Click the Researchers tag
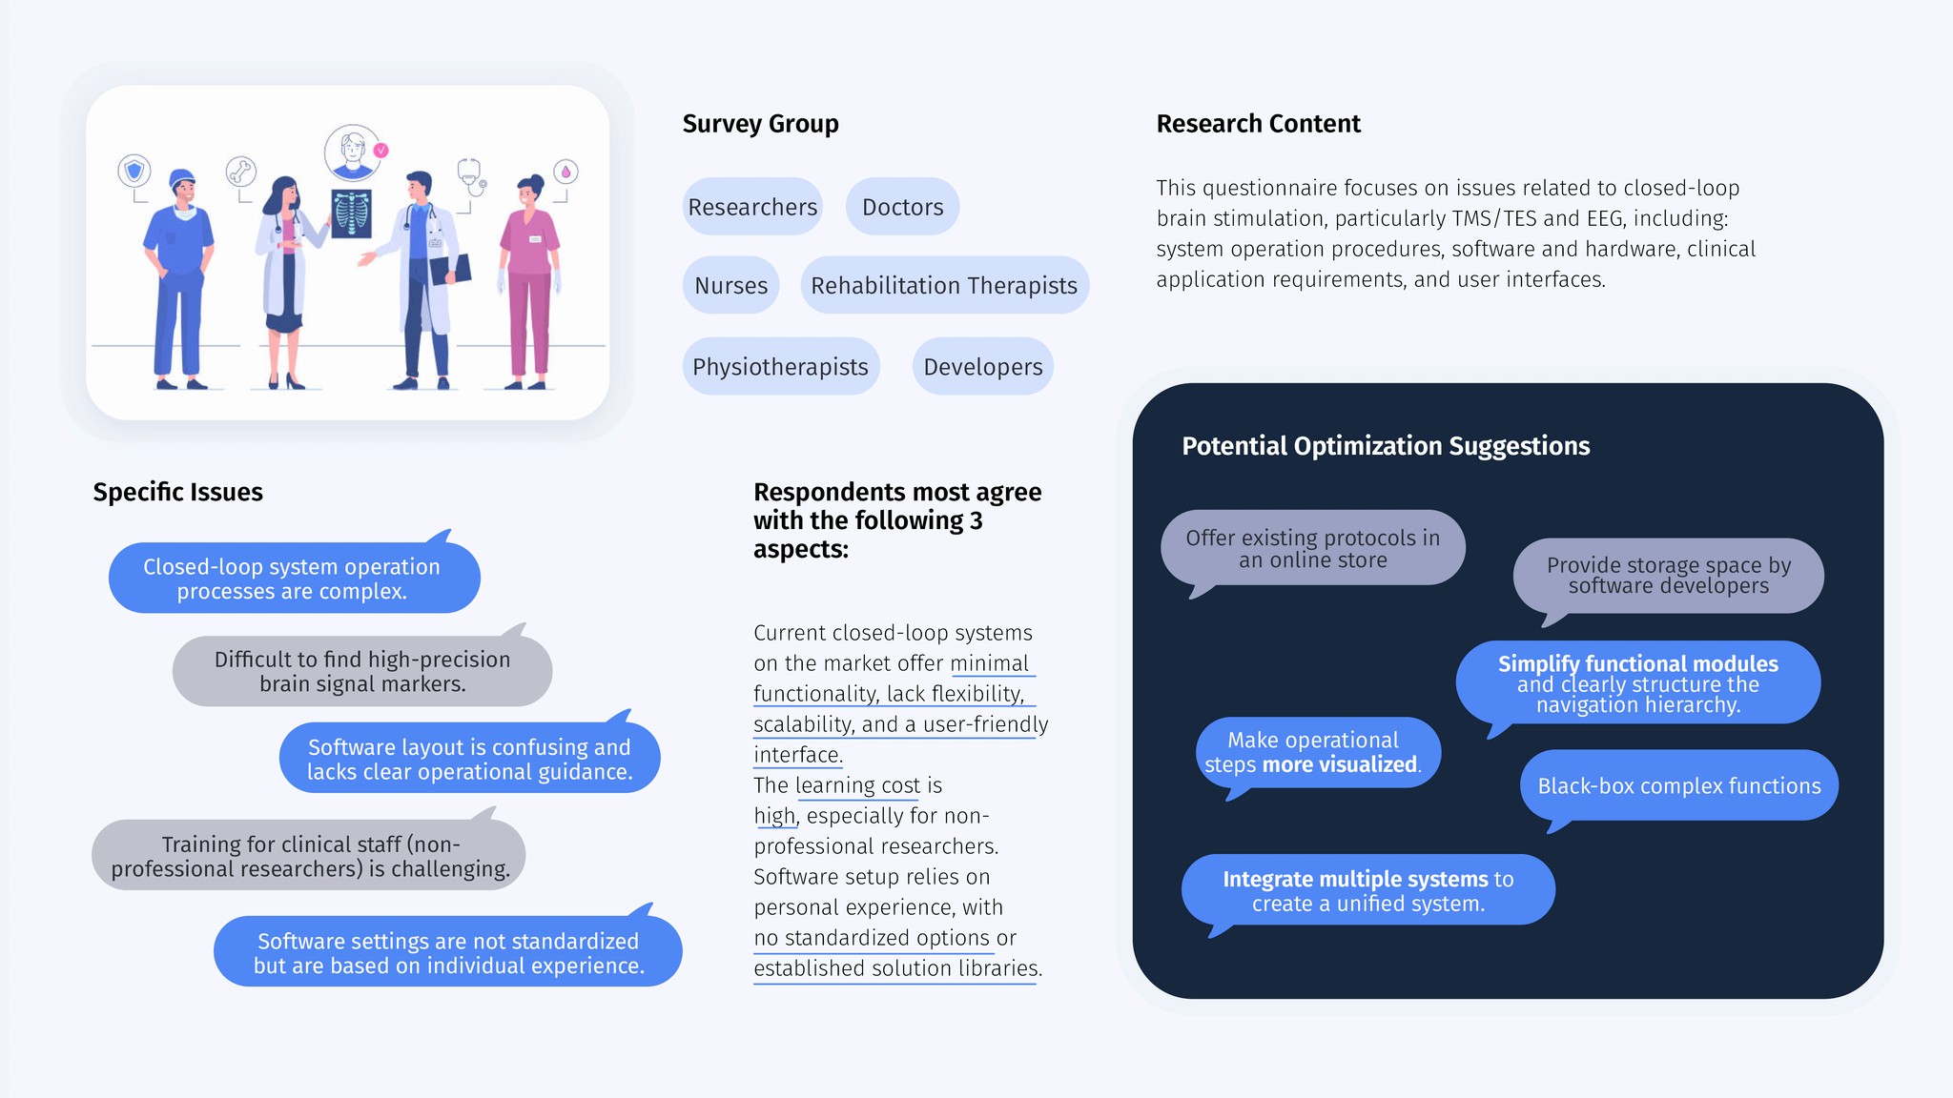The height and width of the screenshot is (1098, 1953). [x=752, y=207]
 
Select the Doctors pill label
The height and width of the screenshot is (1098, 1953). [x=902, y=207]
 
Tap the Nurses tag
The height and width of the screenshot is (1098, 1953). [x=730, y=285]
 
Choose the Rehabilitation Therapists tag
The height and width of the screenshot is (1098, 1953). [x=944, y=285]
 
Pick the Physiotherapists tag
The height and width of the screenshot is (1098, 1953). [x=780, y=367]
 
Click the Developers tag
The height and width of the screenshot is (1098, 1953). [x=982, y=367]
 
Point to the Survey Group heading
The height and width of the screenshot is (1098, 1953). [x=760, y=124]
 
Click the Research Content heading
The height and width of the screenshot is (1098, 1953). [x=1258, y=124]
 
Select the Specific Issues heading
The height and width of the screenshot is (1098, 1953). [x=177, y=492]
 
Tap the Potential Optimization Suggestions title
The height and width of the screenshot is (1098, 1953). [x=1385, y=446]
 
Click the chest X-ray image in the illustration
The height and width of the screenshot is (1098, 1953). [x=351, y=213]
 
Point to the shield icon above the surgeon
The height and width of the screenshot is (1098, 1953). [x=134, y=172]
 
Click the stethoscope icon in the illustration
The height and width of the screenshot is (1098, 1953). [x=470, y=174]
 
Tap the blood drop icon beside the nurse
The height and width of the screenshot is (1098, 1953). [x=565, y=172]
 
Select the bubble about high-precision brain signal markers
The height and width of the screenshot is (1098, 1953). [x=361, y=671]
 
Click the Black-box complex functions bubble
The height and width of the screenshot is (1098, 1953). [x=1678, y=785]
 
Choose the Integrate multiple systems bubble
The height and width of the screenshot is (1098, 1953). [x=1367, y=890]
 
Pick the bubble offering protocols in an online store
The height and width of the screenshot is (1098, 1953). [x=1312, y=548]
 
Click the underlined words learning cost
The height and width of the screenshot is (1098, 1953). [x=857, y=785]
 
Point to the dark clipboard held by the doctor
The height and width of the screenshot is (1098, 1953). [x=451, y=271]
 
